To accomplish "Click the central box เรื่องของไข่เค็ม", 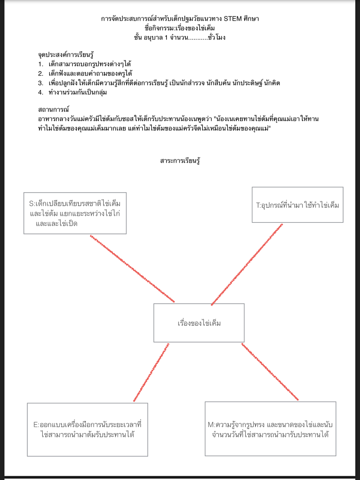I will point(199,323).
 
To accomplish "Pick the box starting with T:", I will point(297,205).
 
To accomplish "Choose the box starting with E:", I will point(87,429).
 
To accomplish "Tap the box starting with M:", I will point(270,429).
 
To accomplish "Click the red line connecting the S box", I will point(132,269).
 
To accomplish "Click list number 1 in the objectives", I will point(41,63).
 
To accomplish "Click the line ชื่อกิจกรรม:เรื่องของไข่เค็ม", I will point(180,28).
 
